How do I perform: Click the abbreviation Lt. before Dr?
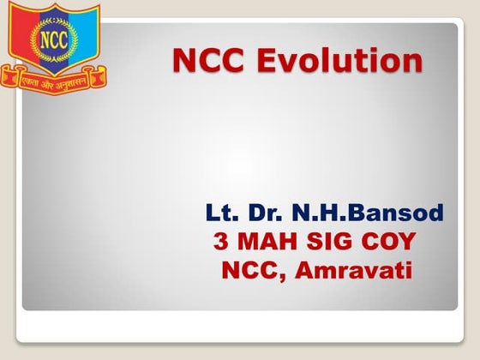[220, 213]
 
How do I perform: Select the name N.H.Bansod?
[369, 213]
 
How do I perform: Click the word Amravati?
[355, 272]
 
